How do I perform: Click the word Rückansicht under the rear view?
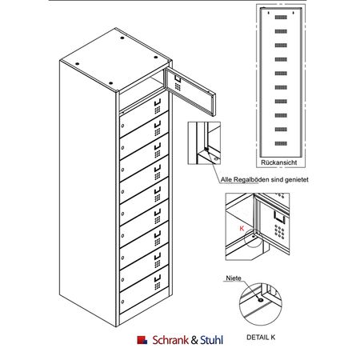coord(278,162)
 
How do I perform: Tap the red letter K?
coord(242,228)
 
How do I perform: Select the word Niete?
coord(234,278)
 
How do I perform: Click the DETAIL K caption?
coord(261,338)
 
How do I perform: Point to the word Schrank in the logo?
coord(170,340)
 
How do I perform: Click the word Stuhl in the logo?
coord(212,340)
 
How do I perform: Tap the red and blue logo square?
coord(142,340)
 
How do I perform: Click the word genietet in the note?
coord(297,180)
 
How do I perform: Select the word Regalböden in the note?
coord(250,180)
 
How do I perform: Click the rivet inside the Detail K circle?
coord(261,300)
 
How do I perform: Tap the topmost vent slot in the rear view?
coord(281,18)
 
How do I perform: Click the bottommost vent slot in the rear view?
coord(281,143)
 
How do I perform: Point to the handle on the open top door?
coord(178,78)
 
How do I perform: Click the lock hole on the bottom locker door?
coord(122,302)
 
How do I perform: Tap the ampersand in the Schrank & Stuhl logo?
coord(194,340)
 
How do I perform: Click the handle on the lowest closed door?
coord(158,278)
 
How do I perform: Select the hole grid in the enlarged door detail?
coord(279,232)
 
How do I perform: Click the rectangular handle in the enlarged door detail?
coord(279,216)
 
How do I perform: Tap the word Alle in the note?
coord(226,180)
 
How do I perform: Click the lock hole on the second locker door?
coord(122,147)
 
